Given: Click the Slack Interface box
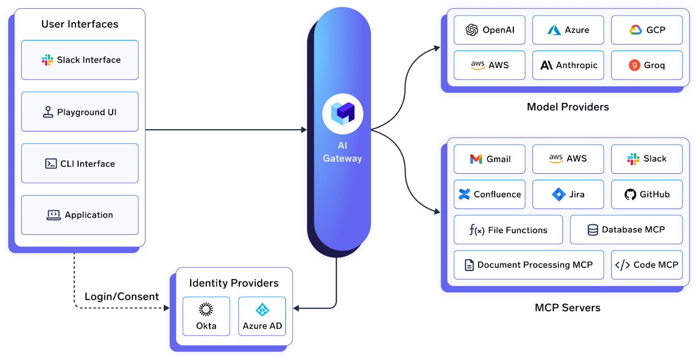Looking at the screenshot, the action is (x=80, y=60).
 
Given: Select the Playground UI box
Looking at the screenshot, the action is (x=80, y=112).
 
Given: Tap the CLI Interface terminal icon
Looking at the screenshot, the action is (x=51, y=164).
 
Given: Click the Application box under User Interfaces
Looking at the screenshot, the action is (x=80, y=215).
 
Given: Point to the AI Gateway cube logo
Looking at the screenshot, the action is (x=343, y=113).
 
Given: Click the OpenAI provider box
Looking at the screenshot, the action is (x=489, y=30).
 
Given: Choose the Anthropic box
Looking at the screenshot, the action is (x=568, y=65).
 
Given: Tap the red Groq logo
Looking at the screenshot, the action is (x=634, y=65).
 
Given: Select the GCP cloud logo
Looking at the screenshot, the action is (x=636, y=30).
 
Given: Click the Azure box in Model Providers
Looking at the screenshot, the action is (x=568, y=30).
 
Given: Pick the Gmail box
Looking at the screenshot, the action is (x=489, y=159).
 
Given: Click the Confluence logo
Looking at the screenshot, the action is (x=464, y=194).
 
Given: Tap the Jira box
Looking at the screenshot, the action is (x=568, y=194).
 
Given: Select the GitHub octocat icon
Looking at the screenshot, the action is (x=630, y=194).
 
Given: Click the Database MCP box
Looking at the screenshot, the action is (x=626, y=230).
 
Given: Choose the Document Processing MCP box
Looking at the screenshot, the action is (x=529, y=265).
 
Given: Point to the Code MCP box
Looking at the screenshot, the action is (x=647, y=265).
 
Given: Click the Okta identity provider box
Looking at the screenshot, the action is (x=206, y=316).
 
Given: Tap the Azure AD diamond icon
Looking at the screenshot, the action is (x=262, y=310).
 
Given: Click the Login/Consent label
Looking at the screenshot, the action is (x=122, y=296).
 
